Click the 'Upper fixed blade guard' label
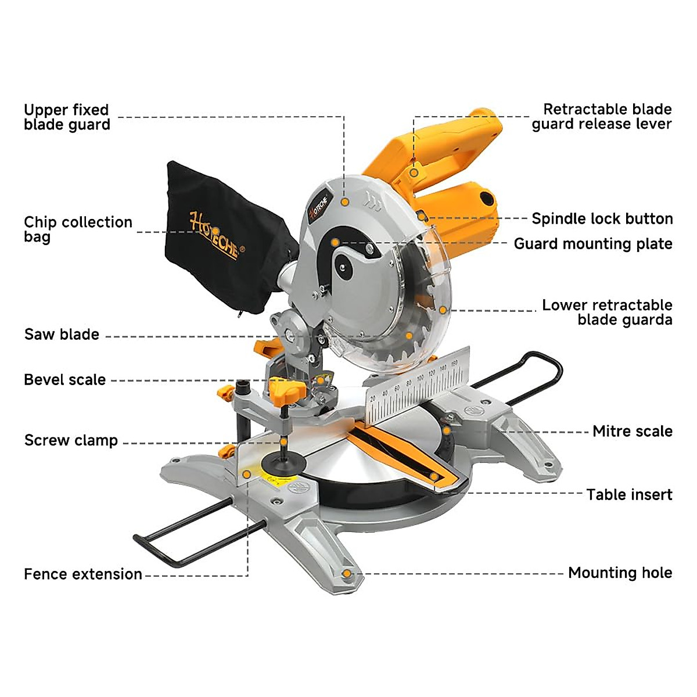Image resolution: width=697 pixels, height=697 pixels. coord(67,117)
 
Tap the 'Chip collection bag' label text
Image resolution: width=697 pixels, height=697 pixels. coord(78,229)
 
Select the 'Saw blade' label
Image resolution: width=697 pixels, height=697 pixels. coord(62,335)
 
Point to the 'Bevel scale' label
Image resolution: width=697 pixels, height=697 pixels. coord(64,380)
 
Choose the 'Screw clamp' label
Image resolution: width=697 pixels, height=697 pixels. coord(71,440)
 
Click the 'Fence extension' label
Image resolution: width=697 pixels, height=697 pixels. coord(83,574)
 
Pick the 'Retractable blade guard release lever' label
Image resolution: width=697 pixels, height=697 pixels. coord(602,117)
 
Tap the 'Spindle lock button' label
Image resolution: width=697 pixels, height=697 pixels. coord(602,219)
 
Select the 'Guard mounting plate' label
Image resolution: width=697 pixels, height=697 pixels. coord(593,244)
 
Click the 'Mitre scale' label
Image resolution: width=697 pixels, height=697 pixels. coord(633,432)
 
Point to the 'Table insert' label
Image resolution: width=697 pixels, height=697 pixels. coord(629,495)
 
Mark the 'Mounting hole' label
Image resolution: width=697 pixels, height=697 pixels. coord(620,573)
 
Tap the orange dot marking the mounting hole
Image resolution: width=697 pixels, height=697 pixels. coord(347,574)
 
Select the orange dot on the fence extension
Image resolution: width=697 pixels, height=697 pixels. coord(247,474)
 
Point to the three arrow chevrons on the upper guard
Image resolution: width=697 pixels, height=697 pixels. coord(372,204)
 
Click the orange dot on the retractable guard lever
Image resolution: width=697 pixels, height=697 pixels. coord(414,173)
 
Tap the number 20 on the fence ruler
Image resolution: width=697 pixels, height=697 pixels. coord(373,398)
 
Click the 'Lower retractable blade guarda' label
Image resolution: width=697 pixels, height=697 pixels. coord(607,312)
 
